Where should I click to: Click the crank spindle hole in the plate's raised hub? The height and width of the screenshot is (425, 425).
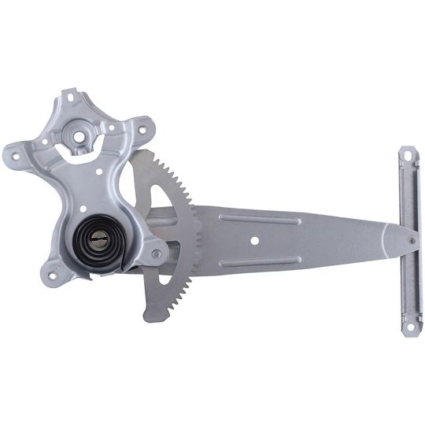tap(80, 136)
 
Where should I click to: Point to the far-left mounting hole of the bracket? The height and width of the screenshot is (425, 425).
tap(15, 155)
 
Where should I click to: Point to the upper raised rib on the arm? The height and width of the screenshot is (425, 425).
tap(260, 220)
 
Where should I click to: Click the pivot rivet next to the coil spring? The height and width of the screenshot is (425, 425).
tap(157, 253)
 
